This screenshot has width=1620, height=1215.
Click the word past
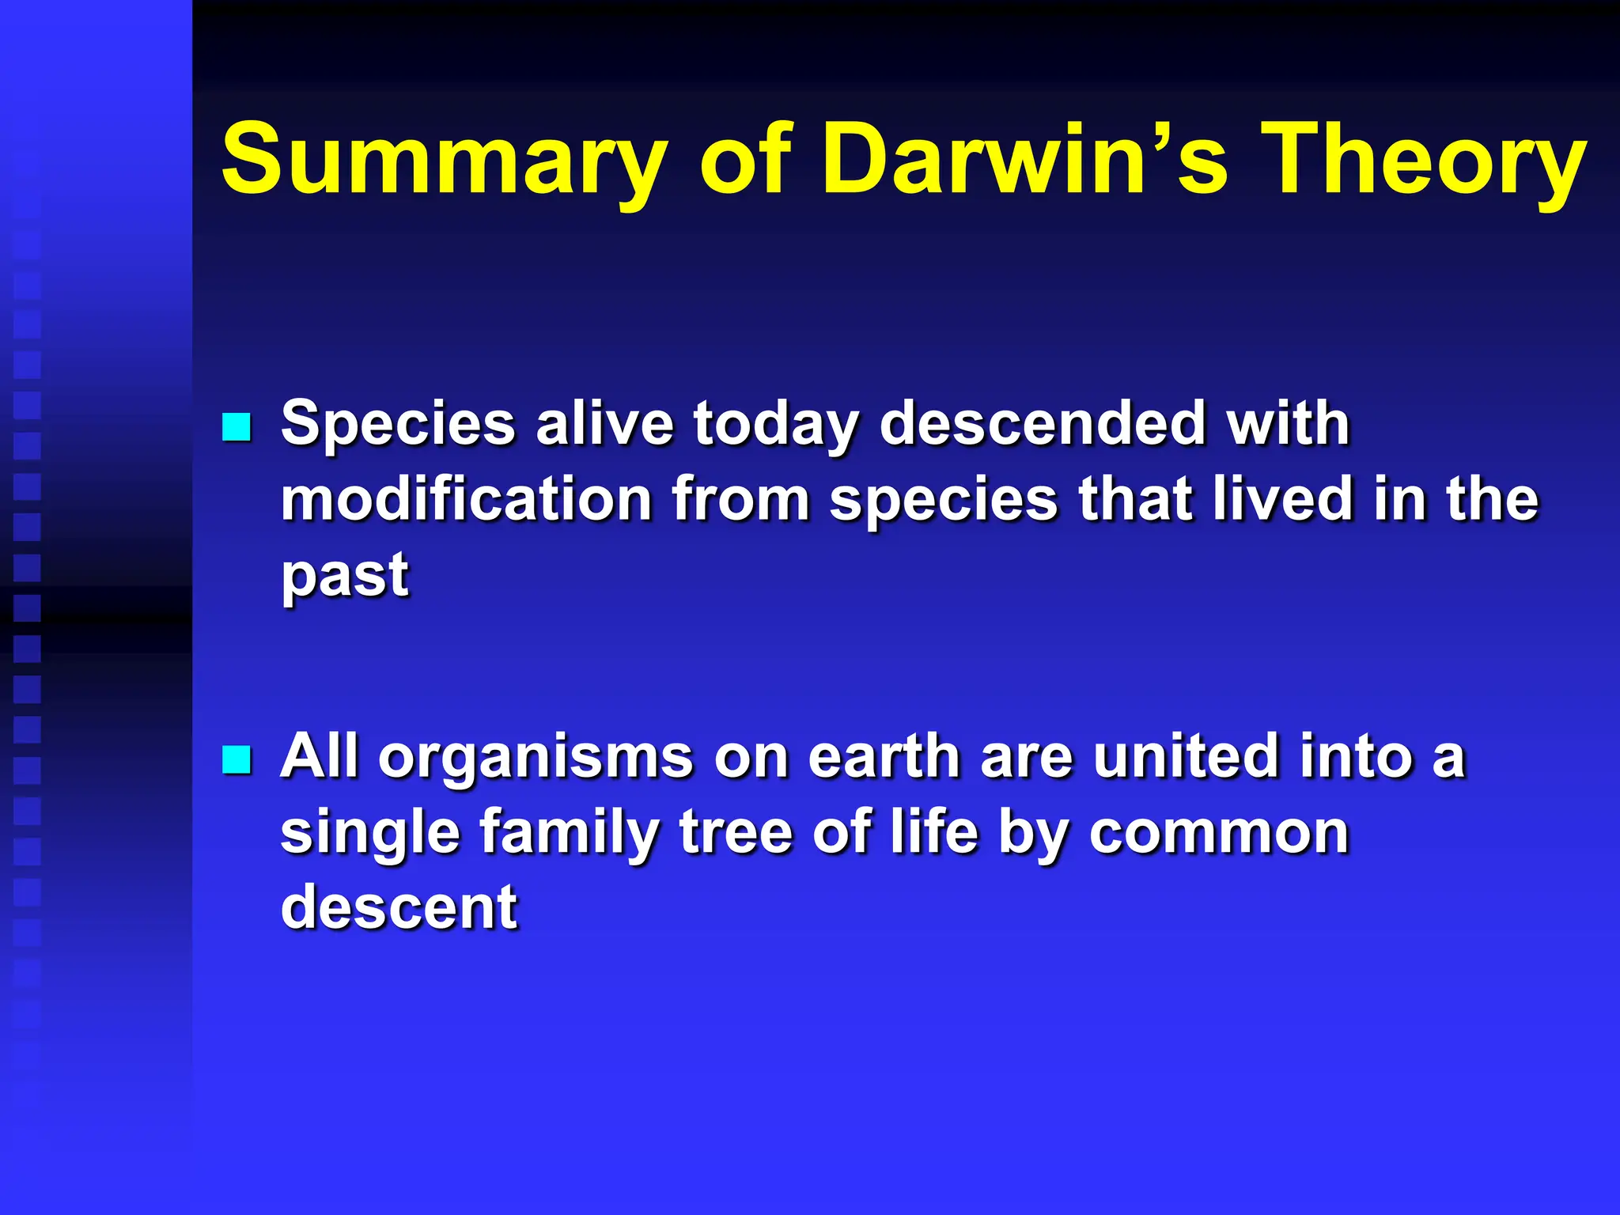tap(345, 575)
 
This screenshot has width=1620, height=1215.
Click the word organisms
tap(536, 758)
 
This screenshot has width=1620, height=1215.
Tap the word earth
tap(884, 758)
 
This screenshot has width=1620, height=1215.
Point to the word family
tap(569, 833)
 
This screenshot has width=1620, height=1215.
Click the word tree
tap(736, 833)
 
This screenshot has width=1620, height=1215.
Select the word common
tap(1218, 833)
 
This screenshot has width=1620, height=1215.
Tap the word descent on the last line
tap(399, 907)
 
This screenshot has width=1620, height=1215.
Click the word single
tap(369, 833)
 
